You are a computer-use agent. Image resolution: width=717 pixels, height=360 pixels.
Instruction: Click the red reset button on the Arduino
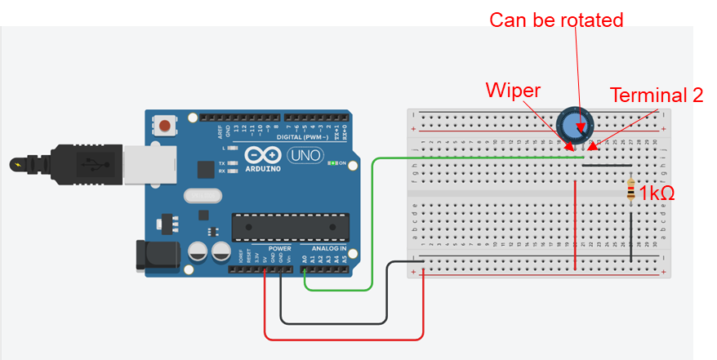pyautogui.click(x=167, y=127)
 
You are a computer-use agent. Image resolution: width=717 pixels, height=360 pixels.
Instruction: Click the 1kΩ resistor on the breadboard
pyautogui.click(x=630, y=191)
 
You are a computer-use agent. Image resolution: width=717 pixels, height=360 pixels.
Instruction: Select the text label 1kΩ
pyautogui.click(x=657, y=193)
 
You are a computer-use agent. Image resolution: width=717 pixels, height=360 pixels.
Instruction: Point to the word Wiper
pyautogui.click(x=512, y=89)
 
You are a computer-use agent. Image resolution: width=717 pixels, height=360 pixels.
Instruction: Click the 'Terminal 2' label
pyautogui.click(x=657, y=96)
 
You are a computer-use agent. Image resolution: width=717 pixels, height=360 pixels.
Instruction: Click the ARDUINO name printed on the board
pyautogui.click(x=262, y=168)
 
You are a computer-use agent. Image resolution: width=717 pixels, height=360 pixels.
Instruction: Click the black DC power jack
pyautogui.click(x=151, y=255)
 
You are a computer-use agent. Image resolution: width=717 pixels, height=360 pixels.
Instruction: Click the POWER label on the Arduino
pyautogui.click(x=280, y=247)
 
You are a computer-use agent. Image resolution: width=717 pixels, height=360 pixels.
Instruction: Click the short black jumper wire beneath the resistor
pyautogui.click(x=630, y=237)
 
